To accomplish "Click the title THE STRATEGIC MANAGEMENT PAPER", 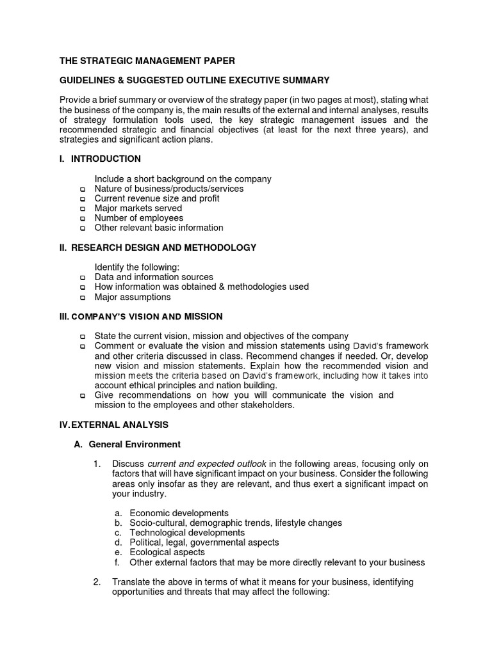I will (147, 61).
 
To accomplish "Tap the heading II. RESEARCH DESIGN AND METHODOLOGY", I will (158, 248).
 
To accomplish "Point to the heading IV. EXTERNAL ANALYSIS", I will (114, 424).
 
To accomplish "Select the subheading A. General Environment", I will (127, 444).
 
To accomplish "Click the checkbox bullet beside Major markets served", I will (82, 209).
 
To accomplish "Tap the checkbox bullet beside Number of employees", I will (82, 219).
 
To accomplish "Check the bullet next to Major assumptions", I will (82, 297).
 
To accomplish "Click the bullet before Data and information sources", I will (82, 278).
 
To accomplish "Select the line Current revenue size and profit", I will (156, 199).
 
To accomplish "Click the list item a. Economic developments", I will (172, 513).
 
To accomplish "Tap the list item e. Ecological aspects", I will (160, 552).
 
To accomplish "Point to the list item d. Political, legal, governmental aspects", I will (197, 542).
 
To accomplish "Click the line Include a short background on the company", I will (183, 179).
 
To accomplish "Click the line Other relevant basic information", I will (159, 228).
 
